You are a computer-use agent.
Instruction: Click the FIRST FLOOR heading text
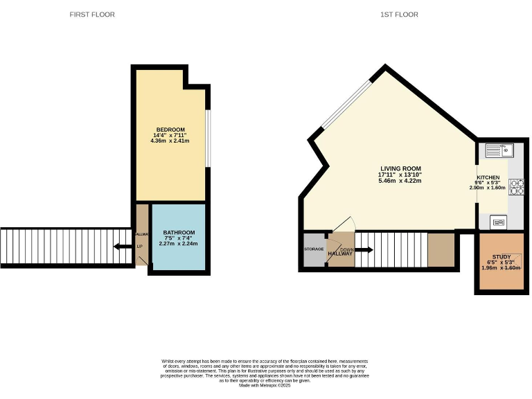92,15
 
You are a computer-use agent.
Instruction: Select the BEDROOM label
170,130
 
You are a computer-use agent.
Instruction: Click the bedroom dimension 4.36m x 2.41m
170,141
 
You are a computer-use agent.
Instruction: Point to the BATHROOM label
178,233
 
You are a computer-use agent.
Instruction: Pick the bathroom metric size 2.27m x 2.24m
178,244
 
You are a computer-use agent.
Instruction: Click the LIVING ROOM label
400,169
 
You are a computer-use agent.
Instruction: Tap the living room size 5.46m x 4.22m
400,181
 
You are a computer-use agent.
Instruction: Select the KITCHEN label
487,177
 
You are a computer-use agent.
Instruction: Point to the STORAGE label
314,249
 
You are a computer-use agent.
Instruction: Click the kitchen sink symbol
497,150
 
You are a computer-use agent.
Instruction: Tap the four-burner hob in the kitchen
517,186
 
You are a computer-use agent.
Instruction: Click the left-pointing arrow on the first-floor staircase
123,246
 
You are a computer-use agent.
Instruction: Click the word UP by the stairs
140,247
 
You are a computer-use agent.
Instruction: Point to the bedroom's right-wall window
209,139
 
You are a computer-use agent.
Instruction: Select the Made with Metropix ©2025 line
265,386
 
